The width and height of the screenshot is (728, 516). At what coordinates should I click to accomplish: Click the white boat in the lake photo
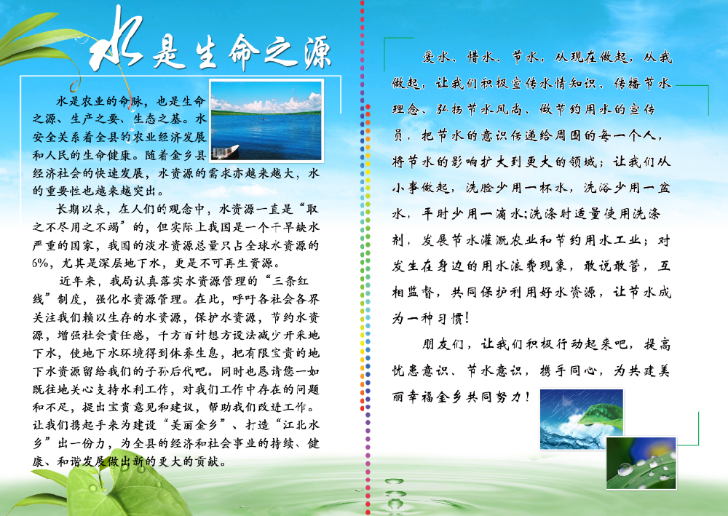coord(226,151)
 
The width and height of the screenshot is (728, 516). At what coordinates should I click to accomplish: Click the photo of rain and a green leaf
coord(581,418)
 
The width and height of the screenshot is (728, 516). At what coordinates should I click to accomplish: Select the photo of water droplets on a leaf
coord(641,463)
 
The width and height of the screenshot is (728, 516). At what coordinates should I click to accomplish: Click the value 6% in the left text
coord(40,263)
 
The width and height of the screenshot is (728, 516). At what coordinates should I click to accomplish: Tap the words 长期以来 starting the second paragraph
coord(81,209)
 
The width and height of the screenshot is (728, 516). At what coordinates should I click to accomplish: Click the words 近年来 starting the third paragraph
coord(77,281)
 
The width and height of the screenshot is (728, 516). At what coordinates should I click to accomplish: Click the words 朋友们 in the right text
coord(443,344)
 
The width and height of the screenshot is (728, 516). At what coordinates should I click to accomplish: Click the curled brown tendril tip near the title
coord(74,87)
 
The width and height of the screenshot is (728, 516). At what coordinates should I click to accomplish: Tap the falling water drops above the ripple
coord(395,493)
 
